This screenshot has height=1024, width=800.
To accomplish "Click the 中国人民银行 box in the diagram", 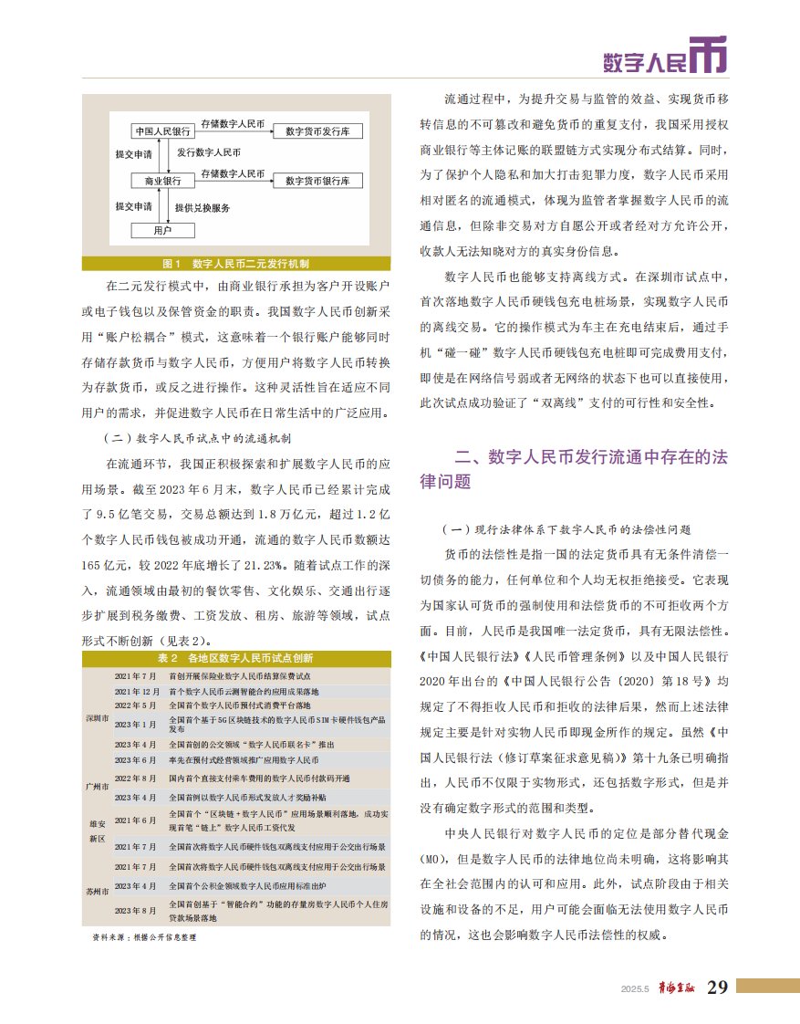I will pos(160,130).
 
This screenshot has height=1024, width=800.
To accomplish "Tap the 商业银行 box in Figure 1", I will pos(160,181).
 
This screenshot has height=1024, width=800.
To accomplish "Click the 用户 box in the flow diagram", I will pos(162,230).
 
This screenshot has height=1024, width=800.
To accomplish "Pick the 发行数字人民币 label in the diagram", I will pos(209,152).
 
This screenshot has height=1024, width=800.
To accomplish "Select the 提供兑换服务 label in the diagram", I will pos(203,206).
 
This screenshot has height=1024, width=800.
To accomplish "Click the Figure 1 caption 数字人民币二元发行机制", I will pos(236,264).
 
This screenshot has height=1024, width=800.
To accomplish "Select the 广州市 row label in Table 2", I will pos(98,786).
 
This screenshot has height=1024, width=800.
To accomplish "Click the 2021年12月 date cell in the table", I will pos(138,692).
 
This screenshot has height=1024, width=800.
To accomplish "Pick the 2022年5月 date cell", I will pos(136,706).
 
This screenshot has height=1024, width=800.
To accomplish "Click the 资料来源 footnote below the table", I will pos(144,937).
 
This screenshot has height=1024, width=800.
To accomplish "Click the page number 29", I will pos(717,987).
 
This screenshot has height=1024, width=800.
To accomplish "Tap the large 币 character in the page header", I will pos(708,57).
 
